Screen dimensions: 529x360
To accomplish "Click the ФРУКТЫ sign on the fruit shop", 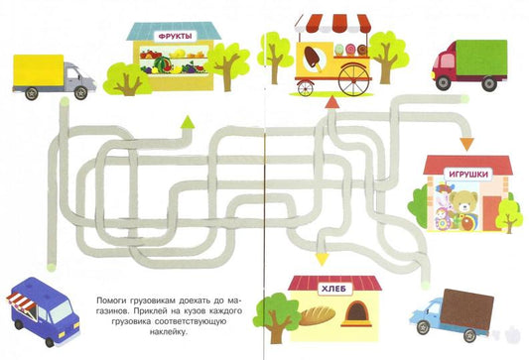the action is (x=175, y=36).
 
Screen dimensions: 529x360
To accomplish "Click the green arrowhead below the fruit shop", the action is (x=188, y=122).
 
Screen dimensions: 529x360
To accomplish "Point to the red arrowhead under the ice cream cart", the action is (x=331, y=102).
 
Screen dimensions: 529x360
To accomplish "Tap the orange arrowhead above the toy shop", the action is (x=466, y=144).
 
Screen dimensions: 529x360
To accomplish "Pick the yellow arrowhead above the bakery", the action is (x=322, y=260).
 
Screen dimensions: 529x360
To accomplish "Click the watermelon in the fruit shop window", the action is (x=163, y=63).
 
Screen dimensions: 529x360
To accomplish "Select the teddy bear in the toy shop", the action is (x=463, y=201).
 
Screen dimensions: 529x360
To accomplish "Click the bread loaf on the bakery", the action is (x=318, y=316).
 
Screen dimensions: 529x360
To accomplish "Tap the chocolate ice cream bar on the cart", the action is (x=313, y=57).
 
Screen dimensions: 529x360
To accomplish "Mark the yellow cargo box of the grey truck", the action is (x=39, y=70).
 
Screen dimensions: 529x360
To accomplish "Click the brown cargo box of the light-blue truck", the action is (x=466, y=309).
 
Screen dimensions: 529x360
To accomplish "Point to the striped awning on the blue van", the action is (x=21, y=300).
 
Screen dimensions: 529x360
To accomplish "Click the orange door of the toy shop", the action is (x=491, y=213).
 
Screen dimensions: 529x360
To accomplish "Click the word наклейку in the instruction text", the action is (x=168, y=331).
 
